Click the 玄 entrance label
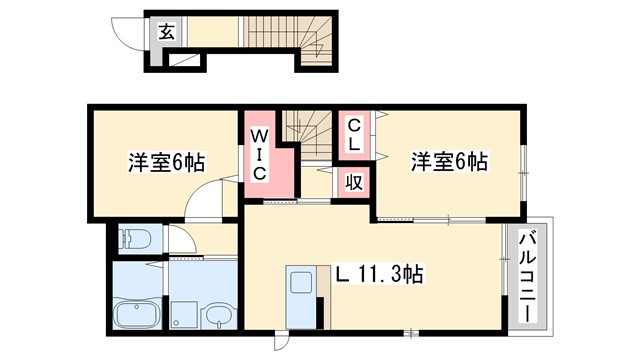tap(166, 32)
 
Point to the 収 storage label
tap(354, 182)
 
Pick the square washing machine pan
tap(185, 315)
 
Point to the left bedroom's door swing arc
tap(205, 200)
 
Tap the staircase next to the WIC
tap(302, 131)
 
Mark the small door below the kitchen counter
tap(281, 339)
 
